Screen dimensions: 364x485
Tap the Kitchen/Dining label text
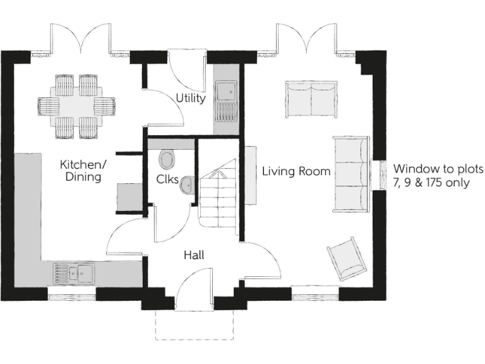pyautogui.click(x=83, y=171)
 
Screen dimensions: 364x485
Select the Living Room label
pyautogui.click(x=296, y=171)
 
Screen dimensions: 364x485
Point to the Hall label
pyautogui.click(x=193, y=255)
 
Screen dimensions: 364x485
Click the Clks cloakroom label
pyautogui.click(x=167, y=179)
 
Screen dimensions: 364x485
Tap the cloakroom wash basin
pyautogui.click(x=187, y=185)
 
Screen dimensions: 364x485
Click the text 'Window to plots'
pyautogui.click(x=438, y=169)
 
